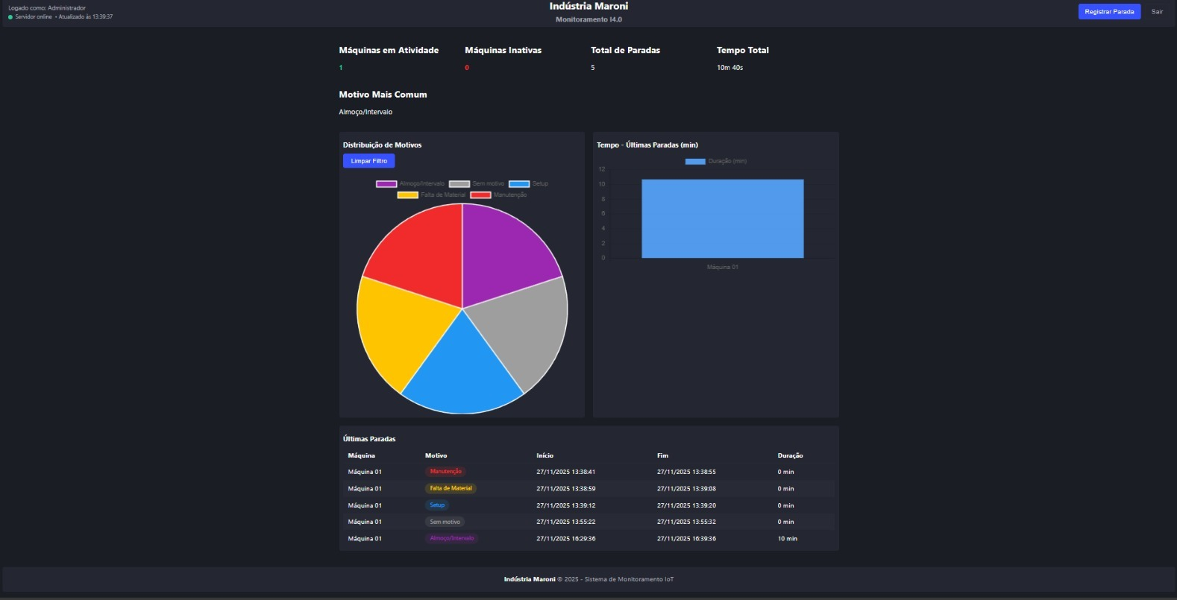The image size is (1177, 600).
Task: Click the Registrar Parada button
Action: pyautogui.click(x=1108, y=12)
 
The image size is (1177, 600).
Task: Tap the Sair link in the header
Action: pyautogui.click(x=1157, y=12)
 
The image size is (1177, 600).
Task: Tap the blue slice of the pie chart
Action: pyautogui.click(x=462, y=373)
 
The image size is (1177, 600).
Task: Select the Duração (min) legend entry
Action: pyautogui.click(x=716, y=161)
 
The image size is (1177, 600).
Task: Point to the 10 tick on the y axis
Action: pyautogui.click(x=602, y=184)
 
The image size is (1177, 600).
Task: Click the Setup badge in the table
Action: pyautogui.click(x=437, y=505)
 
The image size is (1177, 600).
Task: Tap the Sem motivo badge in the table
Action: pyautogui.click(x=445, y=522)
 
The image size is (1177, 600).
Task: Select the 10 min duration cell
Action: pyautogui.click(x=787, y=538)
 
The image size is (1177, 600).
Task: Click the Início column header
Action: pyautogui.click(x=544, y=455)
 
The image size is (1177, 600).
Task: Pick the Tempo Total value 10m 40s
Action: pyautogui.click(x=729, y=68)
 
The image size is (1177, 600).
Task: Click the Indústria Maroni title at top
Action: pyautogui.click(x=588, y=7)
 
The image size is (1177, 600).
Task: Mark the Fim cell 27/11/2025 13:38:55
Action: pyautogui.click(x=685, y=472)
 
